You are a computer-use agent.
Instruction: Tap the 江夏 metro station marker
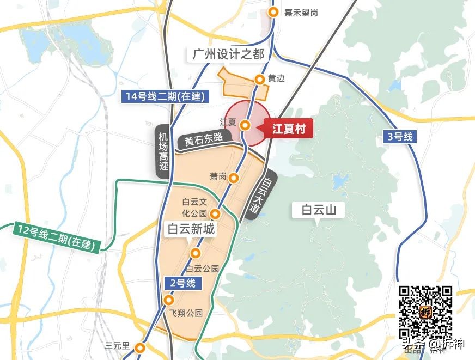click(x=246, y=125)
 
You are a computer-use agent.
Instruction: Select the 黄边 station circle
click(x=260, y=80)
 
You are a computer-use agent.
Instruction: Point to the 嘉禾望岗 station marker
click(x=273, y=12)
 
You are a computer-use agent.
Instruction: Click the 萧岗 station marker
click(x=234, y=178)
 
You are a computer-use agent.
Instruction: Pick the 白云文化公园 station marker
click(x=215, y=213)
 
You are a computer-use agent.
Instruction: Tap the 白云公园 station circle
click(x=196, y=253)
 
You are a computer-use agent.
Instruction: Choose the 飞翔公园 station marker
click(x=169, y=300)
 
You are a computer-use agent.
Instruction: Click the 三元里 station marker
click(x=141, y=347)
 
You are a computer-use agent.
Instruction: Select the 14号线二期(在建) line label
click(x=164, y=96)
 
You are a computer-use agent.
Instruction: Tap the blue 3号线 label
click(x=401, y=137)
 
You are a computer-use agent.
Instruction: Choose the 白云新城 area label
click(x=191, y=229)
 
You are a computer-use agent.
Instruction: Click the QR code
click(x=426, y=311)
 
